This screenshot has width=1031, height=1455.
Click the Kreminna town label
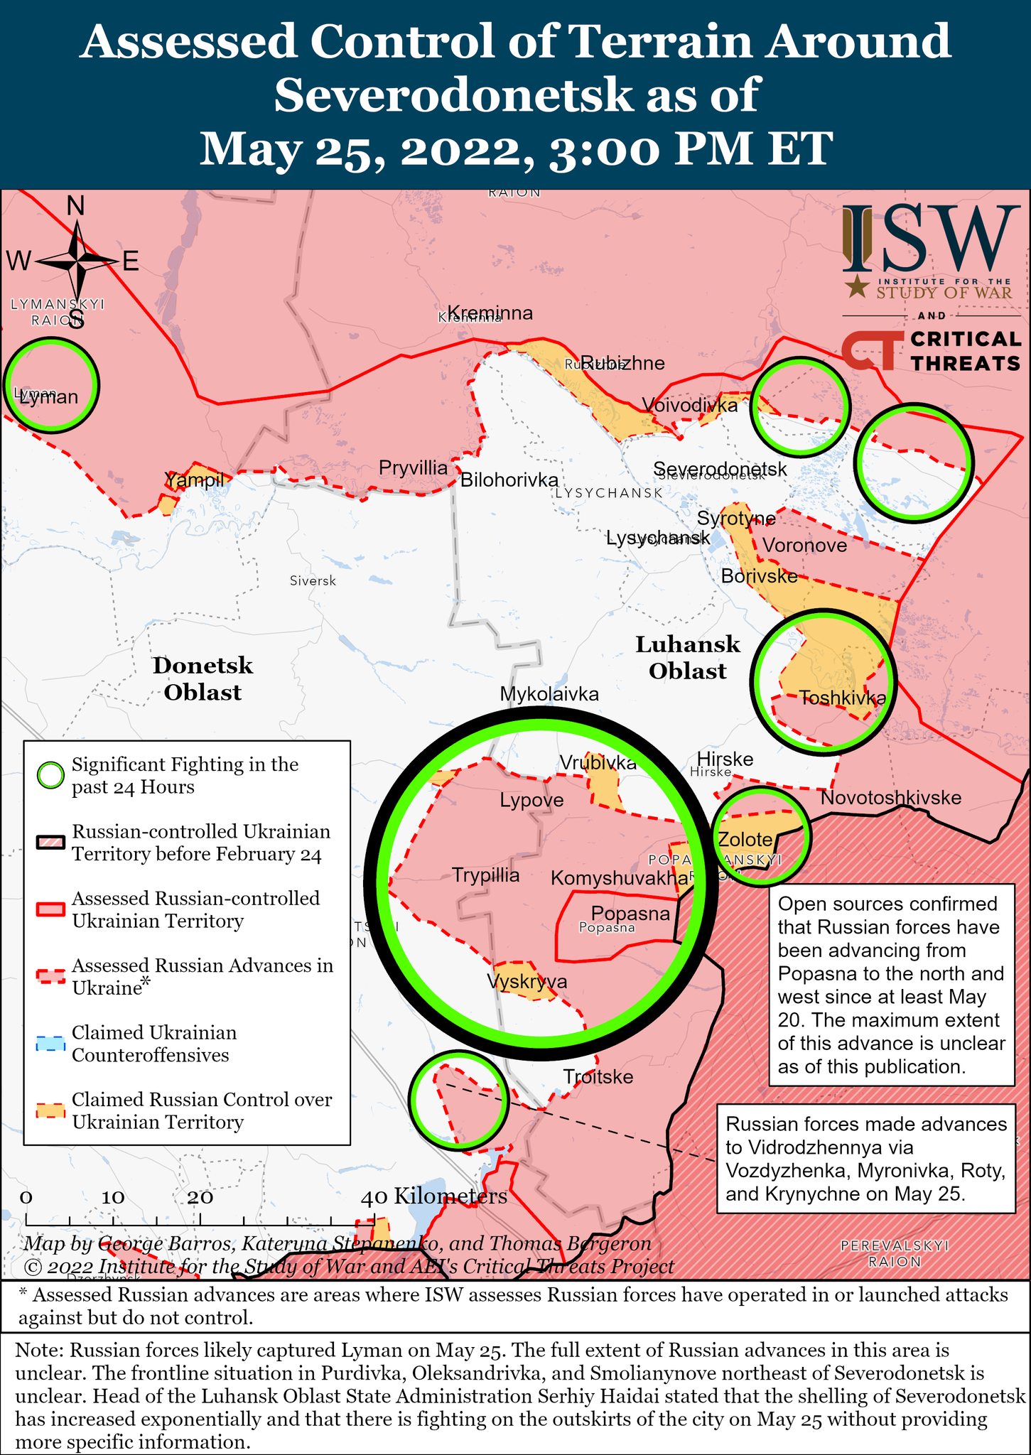(x=490, y=313)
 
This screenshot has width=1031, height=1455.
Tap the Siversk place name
(x=313, y=581)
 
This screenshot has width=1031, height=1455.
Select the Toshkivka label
(x=843, y=698)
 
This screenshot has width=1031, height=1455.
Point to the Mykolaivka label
(x=549, y=694)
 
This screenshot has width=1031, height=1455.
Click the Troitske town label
(x=598, y=1077)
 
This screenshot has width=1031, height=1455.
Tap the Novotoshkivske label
(x=890, y=798)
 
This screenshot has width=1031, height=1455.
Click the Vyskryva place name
(x=527, y=982)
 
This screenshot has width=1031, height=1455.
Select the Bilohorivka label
(x=509, y=480)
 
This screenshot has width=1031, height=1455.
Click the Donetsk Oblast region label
(x=203, y=678)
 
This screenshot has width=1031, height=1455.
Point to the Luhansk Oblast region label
(x=687, y=657)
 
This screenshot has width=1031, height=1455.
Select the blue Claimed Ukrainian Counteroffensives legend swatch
(x=50, y=1044)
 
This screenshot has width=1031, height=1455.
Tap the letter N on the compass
(x=75, y=206)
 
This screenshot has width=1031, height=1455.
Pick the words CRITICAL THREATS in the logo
(x=965, y=351)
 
